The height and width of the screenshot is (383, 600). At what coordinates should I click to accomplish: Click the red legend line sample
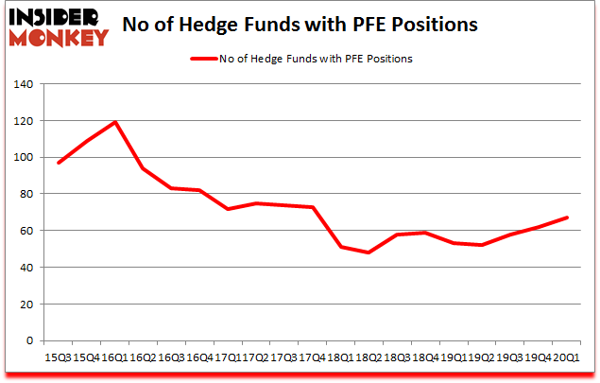click(x=204, y=59)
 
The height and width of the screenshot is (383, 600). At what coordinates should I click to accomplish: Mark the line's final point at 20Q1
click(x=568, y=218)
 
